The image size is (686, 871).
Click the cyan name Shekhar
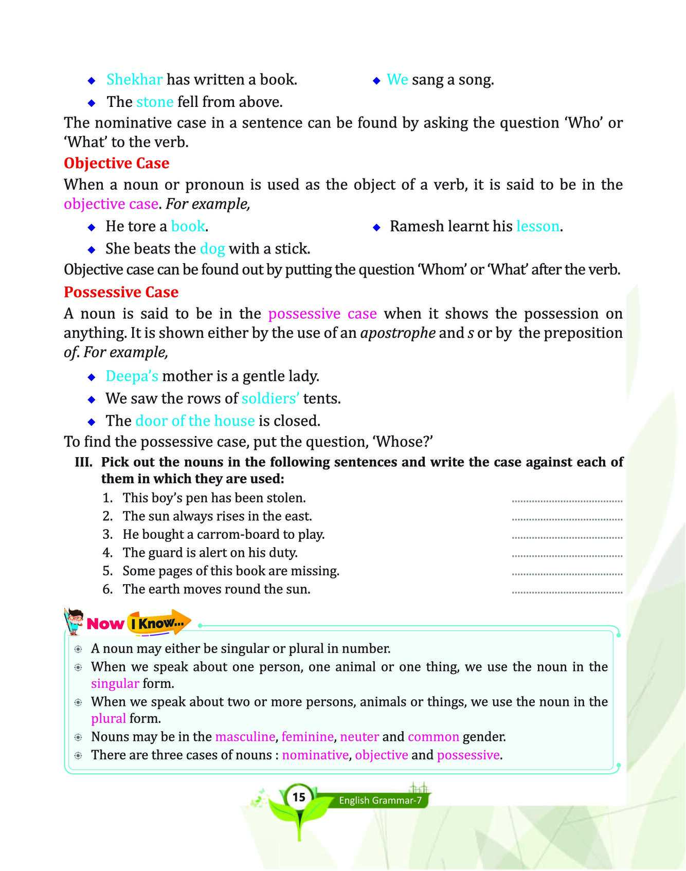(x=134, y=80)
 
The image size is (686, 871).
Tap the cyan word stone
(x=155, y=102)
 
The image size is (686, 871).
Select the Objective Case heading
(x=116, y=163)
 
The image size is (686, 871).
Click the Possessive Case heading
(x=121, y=292)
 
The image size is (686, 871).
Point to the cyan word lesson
(x=537, y=226)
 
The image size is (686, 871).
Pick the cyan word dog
(x=212, y=249)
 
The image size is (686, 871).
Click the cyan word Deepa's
(x=132, y=376)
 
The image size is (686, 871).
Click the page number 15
(x=299, y=797)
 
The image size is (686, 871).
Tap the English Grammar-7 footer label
(x=380, y=801)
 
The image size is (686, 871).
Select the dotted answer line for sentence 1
(x=567, y=500)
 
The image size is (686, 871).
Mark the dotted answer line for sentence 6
(x=567, y=592)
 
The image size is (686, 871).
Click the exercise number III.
(x=84, y=462)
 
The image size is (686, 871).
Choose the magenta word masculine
(x=245, y=737)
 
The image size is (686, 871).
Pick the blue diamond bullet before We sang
(x=376, y=81)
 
